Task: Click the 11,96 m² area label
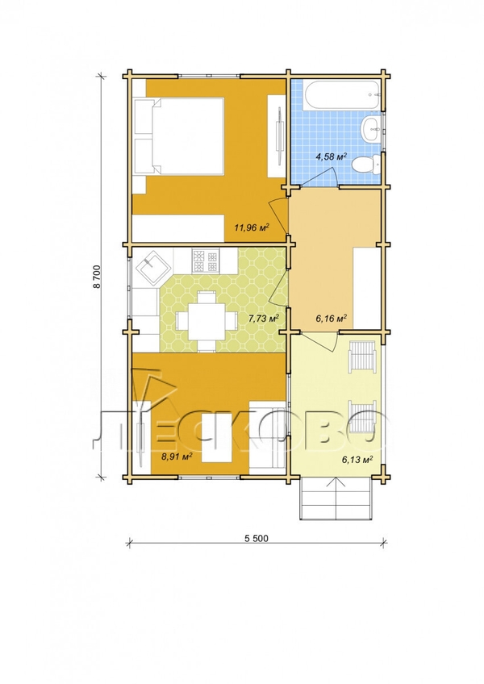point(252,227)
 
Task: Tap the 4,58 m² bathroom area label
point(332,156)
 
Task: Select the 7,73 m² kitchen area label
point(264,318)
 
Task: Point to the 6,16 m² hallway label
point(331,318)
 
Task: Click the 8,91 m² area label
point(177,457)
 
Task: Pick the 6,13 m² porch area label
point(357,459)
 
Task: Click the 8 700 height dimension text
point(97,277)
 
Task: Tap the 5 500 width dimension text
point(257,538)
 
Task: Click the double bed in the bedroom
point(179,136)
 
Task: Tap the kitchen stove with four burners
point(205,260)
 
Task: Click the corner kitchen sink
point(151,267)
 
